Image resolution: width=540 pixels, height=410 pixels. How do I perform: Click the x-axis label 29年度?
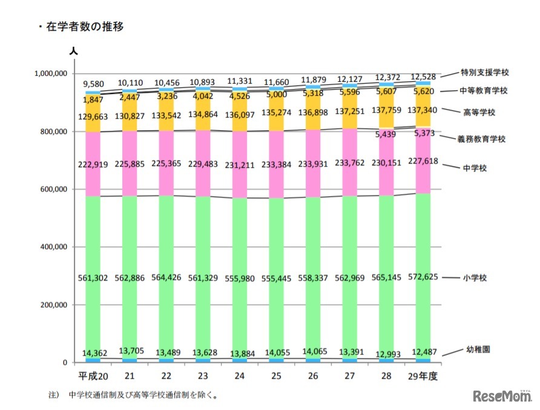(x=424, y=376)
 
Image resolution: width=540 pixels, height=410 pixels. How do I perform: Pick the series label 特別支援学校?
(x=485, y=72)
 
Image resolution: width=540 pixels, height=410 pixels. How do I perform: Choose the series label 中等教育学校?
(x=485, y=91)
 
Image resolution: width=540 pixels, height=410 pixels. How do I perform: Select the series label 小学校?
(x=475, y=277)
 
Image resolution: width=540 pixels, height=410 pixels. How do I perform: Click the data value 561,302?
(x=93, y=278)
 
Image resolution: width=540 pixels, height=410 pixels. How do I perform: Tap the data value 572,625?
(x=424, y=278)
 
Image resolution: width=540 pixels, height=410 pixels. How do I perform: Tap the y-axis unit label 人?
(x=73, y=53)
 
